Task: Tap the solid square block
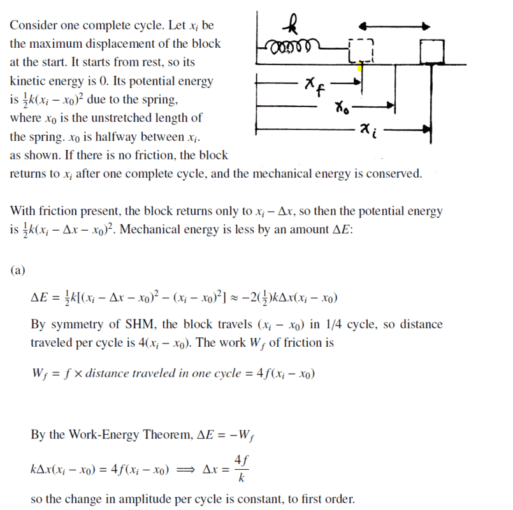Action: pyautogui.click(x=431, y=52)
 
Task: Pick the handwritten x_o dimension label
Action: pyautogui.click(x=342, y=106)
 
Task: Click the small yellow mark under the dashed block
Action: pyautogui.click(x=360, y=66)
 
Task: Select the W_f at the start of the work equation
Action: pyautogui.click(x=39, y=374)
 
